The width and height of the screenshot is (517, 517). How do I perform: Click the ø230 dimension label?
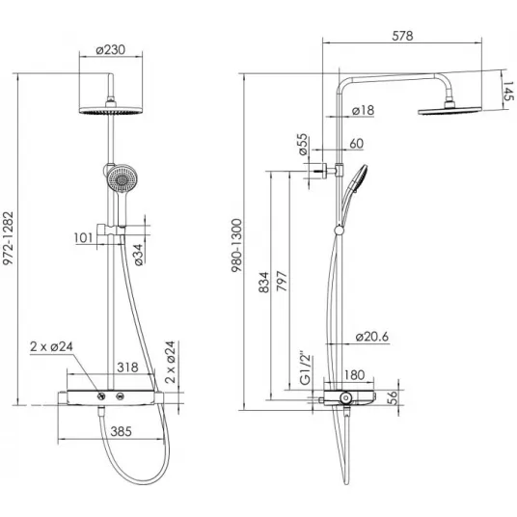coord(111,50)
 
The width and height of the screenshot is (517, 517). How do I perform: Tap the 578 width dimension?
coord(402,36)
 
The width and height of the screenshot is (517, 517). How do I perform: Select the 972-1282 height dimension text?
coord(8,238)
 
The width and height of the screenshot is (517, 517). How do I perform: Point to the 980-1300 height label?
coord(236,245)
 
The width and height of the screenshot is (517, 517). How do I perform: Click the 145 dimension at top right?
coord(508,91)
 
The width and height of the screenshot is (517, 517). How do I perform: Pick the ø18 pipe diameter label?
coord(363,110)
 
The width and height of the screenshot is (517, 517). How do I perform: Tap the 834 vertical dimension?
coord(263,283)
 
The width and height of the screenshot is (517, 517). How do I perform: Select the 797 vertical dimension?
coord(282,281)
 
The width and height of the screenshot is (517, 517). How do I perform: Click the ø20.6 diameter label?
coord(372,337)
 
